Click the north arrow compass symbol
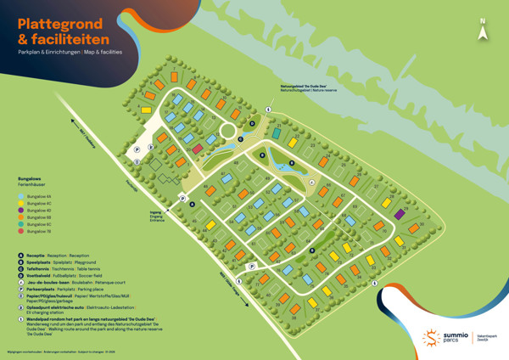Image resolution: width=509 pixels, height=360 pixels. (x=483, y=30)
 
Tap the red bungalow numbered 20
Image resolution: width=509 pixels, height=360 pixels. (x=198, y=149)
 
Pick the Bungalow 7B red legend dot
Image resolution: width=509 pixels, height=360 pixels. (x=21, y=230)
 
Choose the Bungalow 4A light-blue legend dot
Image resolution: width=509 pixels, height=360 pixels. (x=21, y=195)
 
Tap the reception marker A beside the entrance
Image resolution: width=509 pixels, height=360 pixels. (x=192, y=205)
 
